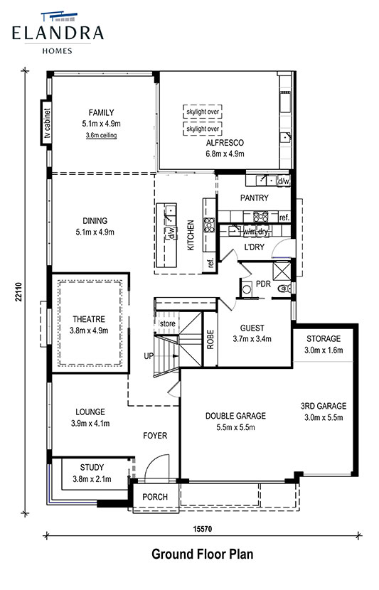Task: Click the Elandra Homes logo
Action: click(x=58, y=33)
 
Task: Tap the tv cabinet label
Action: click(x=47, y=123)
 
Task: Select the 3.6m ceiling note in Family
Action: click(x=101, y=135)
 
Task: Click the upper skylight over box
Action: click(x=203, y=112)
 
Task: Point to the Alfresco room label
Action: click(x=225, y=143)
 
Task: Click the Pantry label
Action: click(x=255, y=198)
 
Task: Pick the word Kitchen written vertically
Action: click(x=191, y=235)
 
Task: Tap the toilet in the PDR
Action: click(x=284, y=289)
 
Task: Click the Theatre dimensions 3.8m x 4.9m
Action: click(x=89, y=331)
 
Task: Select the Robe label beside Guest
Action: click(x=210, y=339)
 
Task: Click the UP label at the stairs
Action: click(x=149, y=355)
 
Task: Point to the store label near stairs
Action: click(x=168, y=323)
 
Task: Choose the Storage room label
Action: click(x=324, y=338)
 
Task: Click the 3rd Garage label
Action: click(x=324, y=406)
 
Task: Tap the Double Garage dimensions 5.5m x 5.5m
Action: click(x=235, y=427)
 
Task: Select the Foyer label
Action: click(x=155, y=436)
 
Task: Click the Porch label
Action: click(x=155, y=497)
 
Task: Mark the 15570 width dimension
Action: click(x=203, y=529)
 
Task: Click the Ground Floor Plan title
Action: click(x=203, y=554)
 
